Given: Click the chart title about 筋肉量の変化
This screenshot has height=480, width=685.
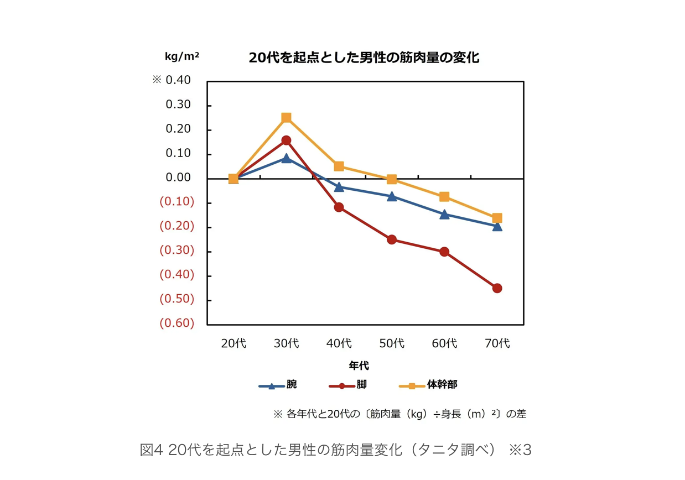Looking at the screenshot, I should pyautogui.click(x=364, y=58).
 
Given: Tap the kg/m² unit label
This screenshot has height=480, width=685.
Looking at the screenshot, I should pyautogui.click(x=182, y=56).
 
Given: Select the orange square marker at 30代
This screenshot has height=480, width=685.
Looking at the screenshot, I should pyautogui.click(x=286, y=118).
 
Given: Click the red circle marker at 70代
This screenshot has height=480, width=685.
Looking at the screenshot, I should pyautogui.click(x=497, y=288).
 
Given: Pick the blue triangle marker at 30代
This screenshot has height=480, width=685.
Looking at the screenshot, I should pyautogui.click(x=286, y=159).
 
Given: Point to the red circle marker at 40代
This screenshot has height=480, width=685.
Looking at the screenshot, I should pyautogui.click(x=339, y=207).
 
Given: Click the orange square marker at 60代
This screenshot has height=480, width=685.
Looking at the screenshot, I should pyautogui.click(x=444, y=197).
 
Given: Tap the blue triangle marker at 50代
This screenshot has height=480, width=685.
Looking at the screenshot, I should pyautogui.click(x=392, y=196).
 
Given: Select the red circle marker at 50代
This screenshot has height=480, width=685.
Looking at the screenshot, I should pyautogui.click(x=392, y=239).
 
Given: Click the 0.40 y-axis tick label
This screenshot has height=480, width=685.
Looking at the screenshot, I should pyautogui.click(x=178, y=80).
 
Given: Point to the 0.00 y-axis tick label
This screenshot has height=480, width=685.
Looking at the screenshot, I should pyautogui.click(x=178, y=178).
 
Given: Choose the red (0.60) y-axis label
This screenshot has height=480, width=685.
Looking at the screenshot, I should pyautogui.click(x=177, y=324).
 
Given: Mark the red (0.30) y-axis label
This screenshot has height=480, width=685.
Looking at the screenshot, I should pyautogui.click(x=177, y=251).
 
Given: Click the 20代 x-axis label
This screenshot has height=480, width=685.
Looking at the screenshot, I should pyautogui.click(x=233, y=343).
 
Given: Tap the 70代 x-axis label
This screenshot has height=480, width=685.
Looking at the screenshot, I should pyautogui.click(x=497, y=343).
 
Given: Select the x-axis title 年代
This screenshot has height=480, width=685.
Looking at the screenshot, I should pyautogui.click(x=359, y=366).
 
